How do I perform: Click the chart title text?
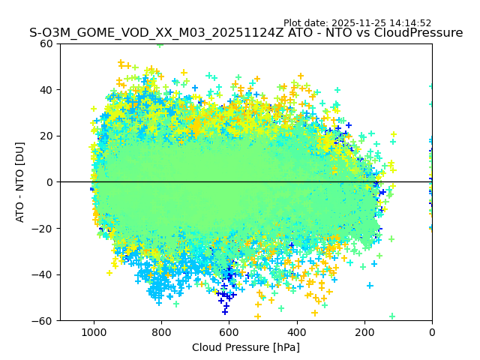click(x=246, y=33)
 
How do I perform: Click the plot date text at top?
click(x=357, y=23)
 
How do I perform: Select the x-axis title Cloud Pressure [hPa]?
click(x=246, y=347)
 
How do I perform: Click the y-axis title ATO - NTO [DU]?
click(x=20, y=181)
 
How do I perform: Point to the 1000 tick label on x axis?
click(x=94, y=332)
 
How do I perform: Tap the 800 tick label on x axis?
click(x=161, y=332)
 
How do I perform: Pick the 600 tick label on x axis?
click(x=229, y=332)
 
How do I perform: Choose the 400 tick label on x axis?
click(x=296, y=332)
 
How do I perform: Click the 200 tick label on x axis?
click(x=364, y=332)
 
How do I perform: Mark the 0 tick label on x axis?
click(x=432, y=332)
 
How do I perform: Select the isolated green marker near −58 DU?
click(x=392, y=316)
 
